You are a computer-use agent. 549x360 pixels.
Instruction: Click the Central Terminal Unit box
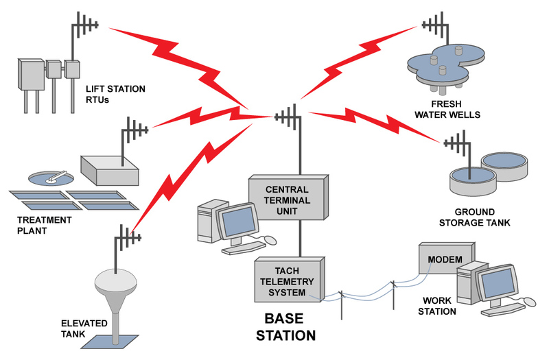click(288, 200)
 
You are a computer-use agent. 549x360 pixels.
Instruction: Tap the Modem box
click(444, 260)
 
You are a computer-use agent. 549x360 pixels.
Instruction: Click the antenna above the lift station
click(84, 27)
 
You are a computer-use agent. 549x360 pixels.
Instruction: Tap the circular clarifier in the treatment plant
click(49, 178)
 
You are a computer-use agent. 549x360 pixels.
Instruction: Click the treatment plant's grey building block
click(109, 169)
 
